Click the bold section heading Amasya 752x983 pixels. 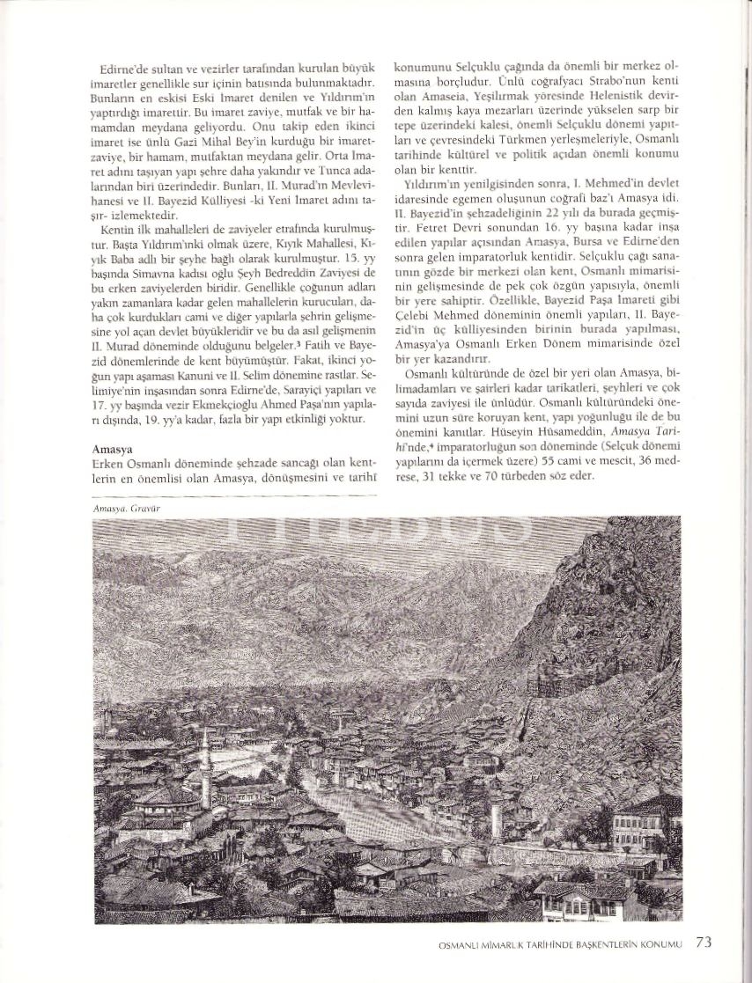[x=112, y=449]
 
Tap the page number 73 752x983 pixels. [x=704, y=942]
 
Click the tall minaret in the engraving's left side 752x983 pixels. [x=205, y=774]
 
